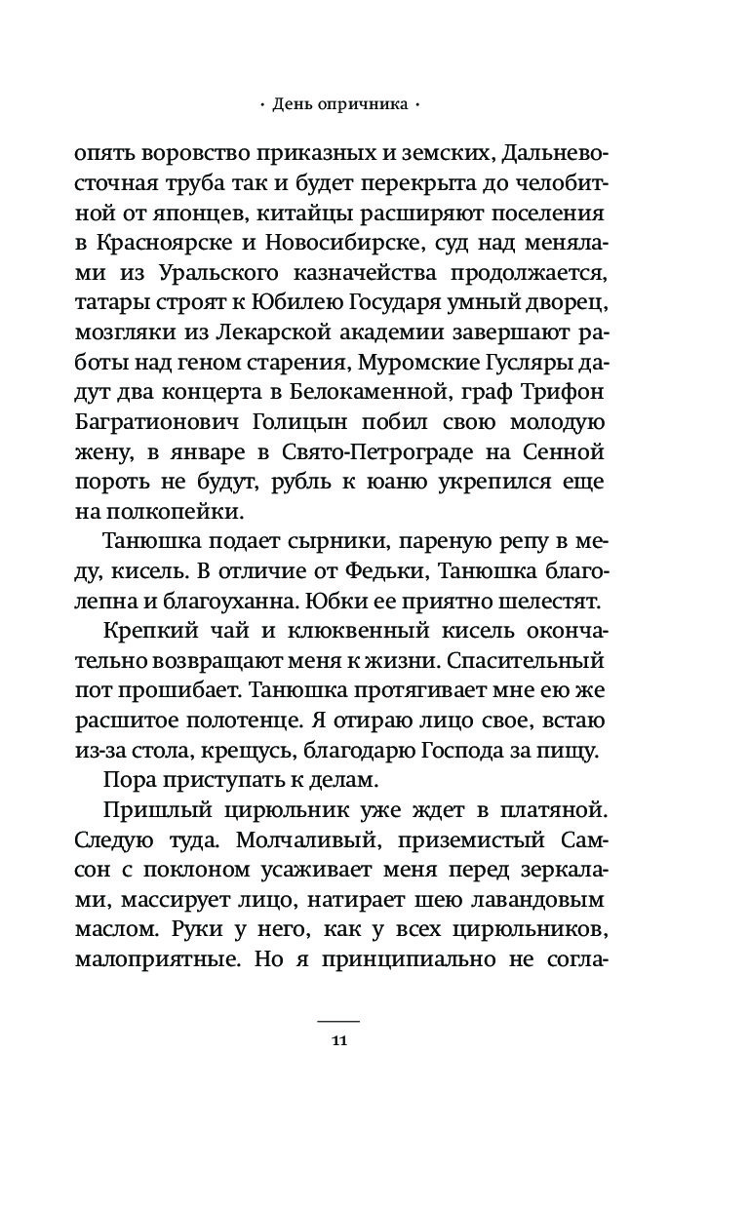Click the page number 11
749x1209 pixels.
pyautogui.click(x=339, y=1039)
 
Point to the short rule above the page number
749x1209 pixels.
pyautogui.click(x=339, y=1020)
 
